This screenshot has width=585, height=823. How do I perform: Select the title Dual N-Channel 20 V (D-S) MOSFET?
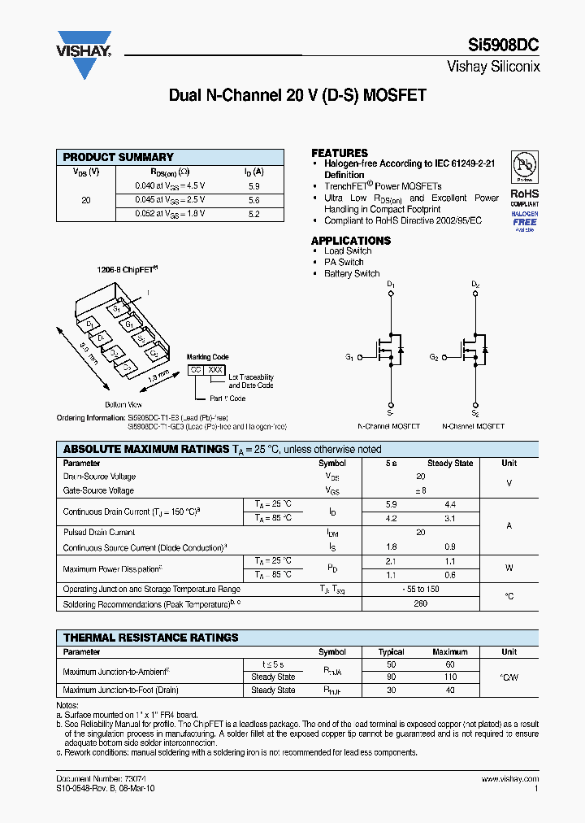pos(297,95)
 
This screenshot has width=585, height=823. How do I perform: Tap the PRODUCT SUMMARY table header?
pos(119,157)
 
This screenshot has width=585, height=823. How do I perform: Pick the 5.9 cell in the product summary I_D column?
pos(253,185)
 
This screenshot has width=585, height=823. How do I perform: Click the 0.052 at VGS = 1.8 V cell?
pos(170,213)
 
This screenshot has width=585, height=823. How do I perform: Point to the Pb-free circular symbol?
pos(524,166)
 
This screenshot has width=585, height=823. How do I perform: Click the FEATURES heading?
pos(340,153)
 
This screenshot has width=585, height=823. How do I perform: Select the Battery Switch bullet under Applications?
pos(352,274)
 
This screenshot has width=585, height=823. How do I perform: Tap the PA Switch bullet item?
pos(344,262)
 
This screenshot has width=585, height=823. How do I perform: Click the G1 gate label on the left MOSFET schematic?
pos(349,357)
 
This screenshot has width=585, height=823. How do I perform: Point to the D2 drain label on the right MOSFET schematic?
pos(475,285)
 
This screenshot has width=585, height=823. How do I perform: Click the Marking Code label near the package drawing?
pos(208,357)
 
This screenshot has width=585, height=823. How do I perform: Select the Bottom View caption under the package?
pos(123,404)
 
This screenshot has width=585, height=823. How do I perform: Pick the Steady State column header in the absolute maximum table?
pos(450,464)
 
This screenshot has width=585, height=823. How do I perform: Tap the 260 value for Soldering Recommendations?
pos(420,604)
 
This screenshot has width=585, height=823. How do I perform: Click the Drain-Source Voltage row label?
pos(99,477)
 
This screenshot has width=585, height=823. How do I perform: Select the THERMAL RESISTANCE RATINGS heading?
pos(151,638)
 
